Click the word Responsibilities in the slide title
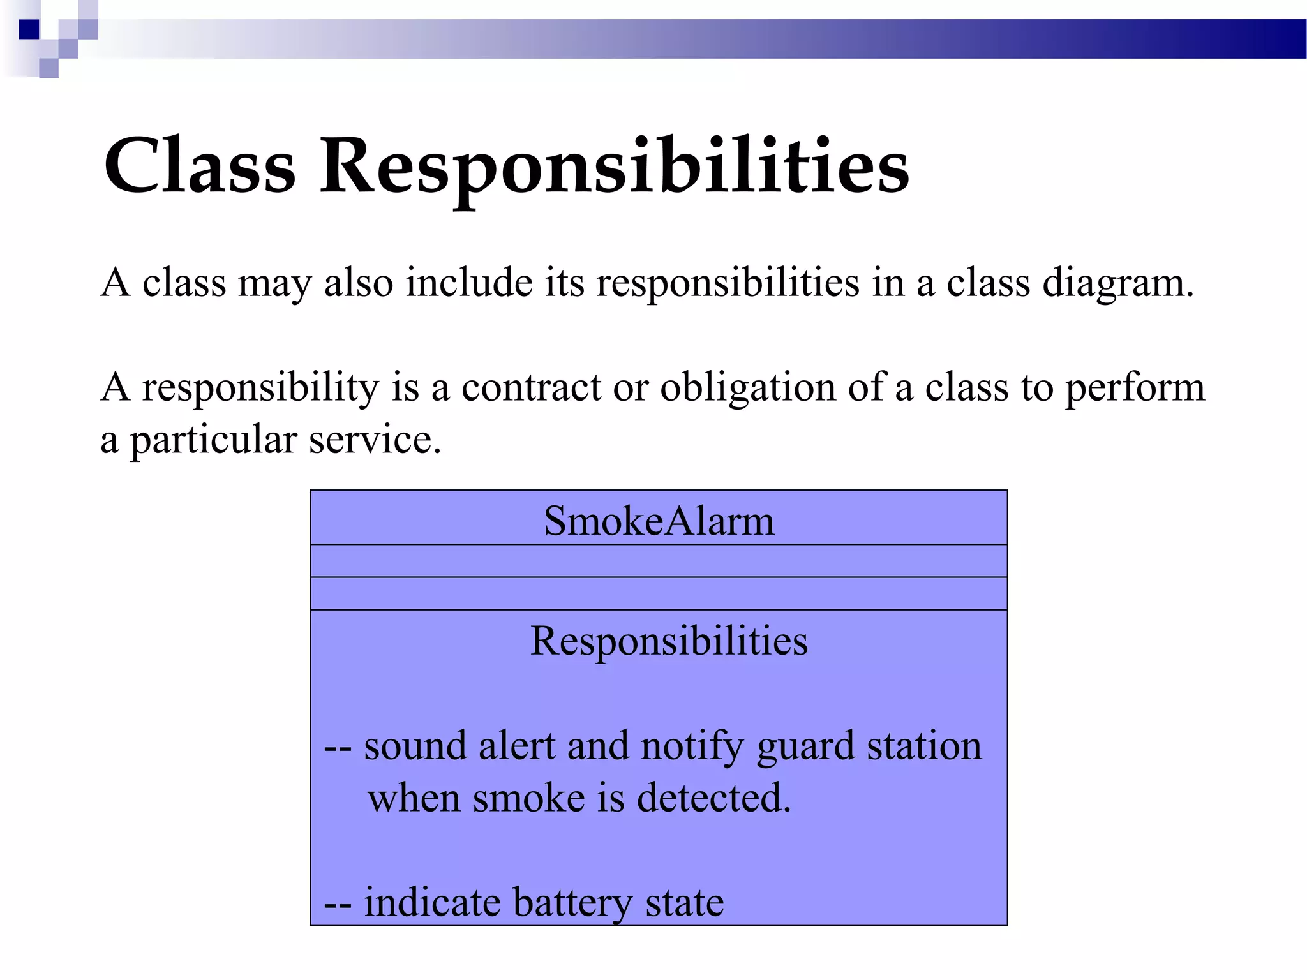pos(614,167)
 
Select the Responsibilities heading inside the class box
pos(669,641)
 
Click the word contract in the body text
pos(531,387)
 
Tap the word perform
pos(1135,388)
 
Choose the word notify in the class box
pos(692,746)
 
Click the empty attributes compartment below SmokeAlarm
pos(659,561)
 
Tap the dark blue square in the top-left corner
pos(29,29)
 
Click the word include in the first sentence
pos(469,283)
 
